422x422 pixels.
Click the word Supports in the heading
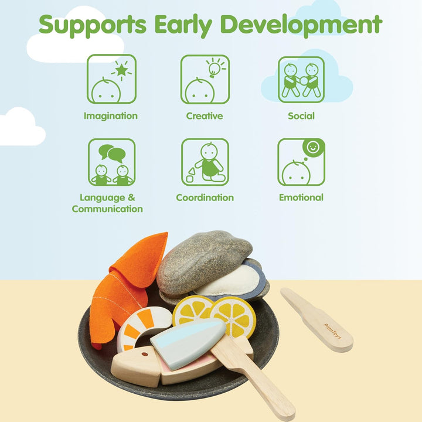(x=93, y=25)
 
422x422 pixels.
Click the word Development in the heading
(x=301, y=24)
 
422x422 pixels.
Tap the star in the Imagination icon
(x=121, y=70)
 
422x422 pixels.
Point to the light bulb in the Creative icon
(x=213, y=69)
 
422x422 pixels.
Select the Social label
(x=301, y=116)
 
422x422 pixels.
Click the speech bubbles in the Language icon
(x=112, y=154)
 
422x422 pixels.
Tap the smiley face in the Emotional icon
(x=313, y=147)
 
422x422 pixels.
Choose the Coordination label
(x=205, y=198)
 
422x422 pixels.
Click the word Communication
(x=107, y=209)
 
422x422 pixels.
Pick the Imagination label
(x=111, y=116)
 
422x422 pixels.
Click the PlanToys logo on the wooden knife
(x=332, y=331)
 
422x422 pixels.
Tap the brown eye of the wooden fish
(x=145, y=354)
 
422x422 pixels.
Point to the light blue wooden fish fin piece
(x=188, y=342)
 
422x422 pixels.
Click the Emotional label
(x=301, y=198)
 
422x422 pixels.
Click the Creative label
(x=205, y=116)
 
